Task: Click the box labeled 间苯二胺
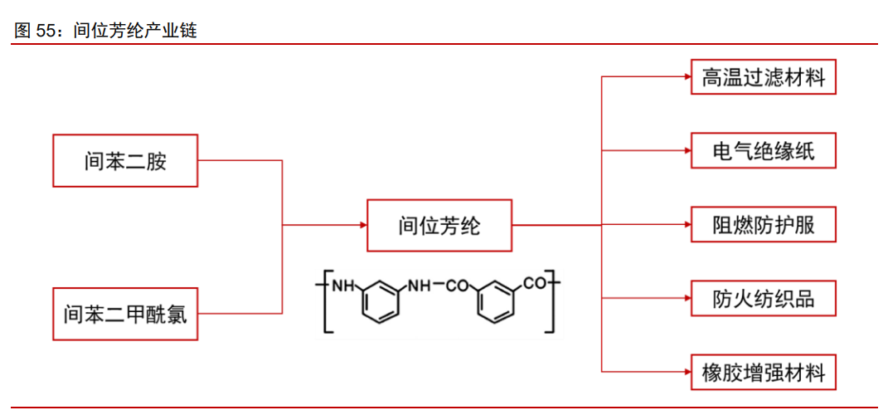coord(125,160)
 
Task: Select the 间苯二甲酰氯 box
coord(125,314)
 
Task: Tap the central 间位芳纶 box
coord(439,225)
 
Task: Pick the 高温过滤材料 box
coord(764,77)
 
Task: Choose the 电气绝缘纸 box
coord(764,151)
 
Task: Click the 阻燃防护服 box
coord(764,225)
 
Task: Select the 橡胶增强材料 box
coord(764,371)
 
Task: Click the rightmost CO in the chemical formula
coord(535,285)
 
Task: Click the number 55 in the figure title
coord(46,31)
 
